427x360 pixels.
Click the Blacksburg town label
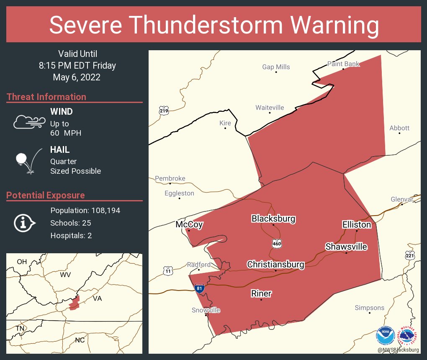pyautogui.click(x=273, y=219)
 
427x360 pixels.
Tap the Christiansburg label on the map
pyautogui.click(x=275, y=265)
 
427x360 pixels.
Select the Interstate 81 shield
pyautogui.click(x=200, y=288)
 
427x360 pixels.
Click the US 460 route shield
pyautogui.click(x=276, y=243)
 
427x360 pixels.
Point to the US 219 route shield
pyautogui.click(x=164, y=111)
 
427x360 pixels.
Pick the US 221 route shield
pyautogui.click(x=410, y=255)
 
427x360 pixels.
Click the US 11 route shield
pyautogui.click(x=168, y=271)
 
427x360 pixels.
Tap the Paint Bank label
pyautogui.click(x=343, y=64)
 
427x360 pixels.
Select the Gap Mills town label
pyautogui.click(x=276, y=67)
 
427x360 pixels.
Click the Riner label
pyautogui.click(x=261, y=293)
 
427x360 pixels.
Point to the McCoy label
pyautogui.click(x=189, y=225)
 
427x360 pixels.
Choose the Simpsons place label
pyautogui.click(x=369, y=308)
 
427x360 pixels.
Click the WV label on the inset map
pyautogui.click(x=65, y=275)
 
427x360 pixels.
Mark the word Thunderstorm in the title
pyautogui.click(x=214, y=25)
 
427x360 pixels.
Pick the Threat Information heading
pyautogui.click(x=46, y=97)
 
